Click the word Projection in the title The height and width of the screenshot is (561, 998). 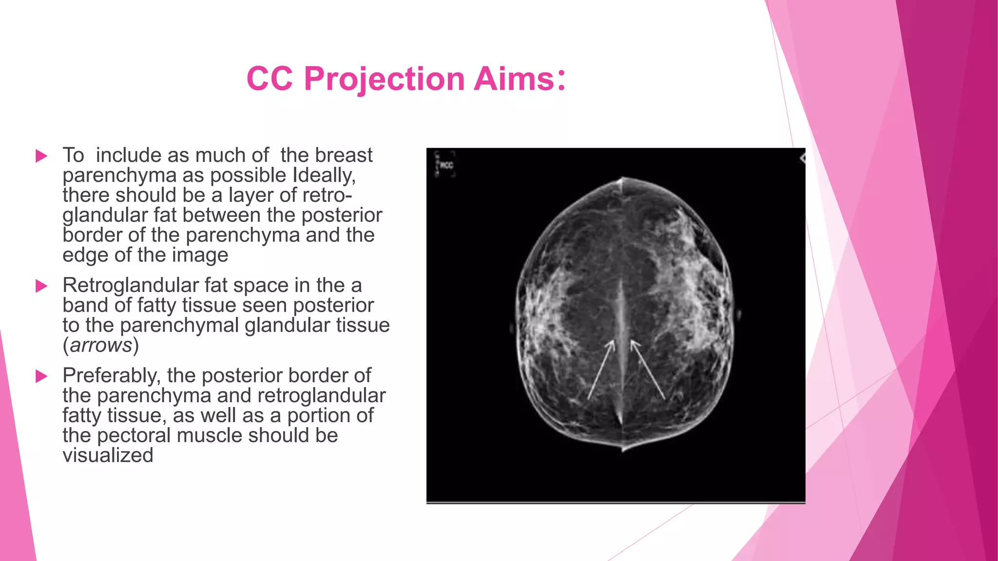coord(384,79)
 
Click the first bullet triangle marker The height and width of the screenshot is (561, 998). coord(42,156)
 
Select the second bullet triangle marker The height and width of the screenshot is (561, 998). coord(42,286)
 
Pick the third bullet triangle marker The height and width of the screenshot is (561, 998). coord(42,376)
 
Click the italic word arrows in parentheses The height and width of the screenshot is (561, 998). coord(101,345)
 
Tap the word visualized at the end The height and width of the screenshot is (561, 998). coord(108,456)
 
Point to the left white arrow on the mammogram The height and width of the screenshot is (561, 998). coord(600,370)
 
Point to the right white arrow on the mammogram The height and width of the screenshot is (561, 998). coord(648,370)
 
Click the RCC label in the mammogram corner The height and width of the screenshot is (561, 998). coord(446,166)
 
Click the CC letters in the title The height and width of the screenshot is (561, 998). coord(269,79)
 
